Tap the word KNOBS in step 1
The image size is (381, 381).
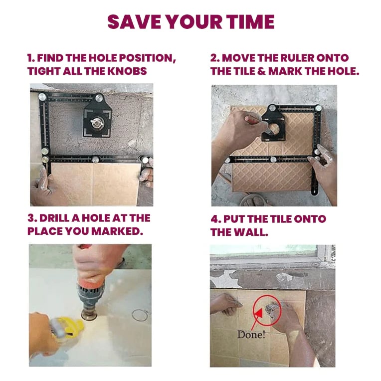pos(127,71)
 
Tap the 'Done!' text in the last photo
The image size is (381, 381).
pos(251,334)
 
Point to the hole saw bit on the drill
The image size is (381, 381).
pos(89,314)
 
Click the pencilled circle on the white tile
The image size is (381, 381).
pos(140,315)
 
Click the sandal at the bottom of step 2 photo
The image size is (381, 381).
pos(253,200)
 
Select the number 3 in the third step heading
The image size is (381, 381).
pos(31,218)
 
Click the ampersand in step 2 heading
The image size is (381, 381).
pos(261,71)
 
